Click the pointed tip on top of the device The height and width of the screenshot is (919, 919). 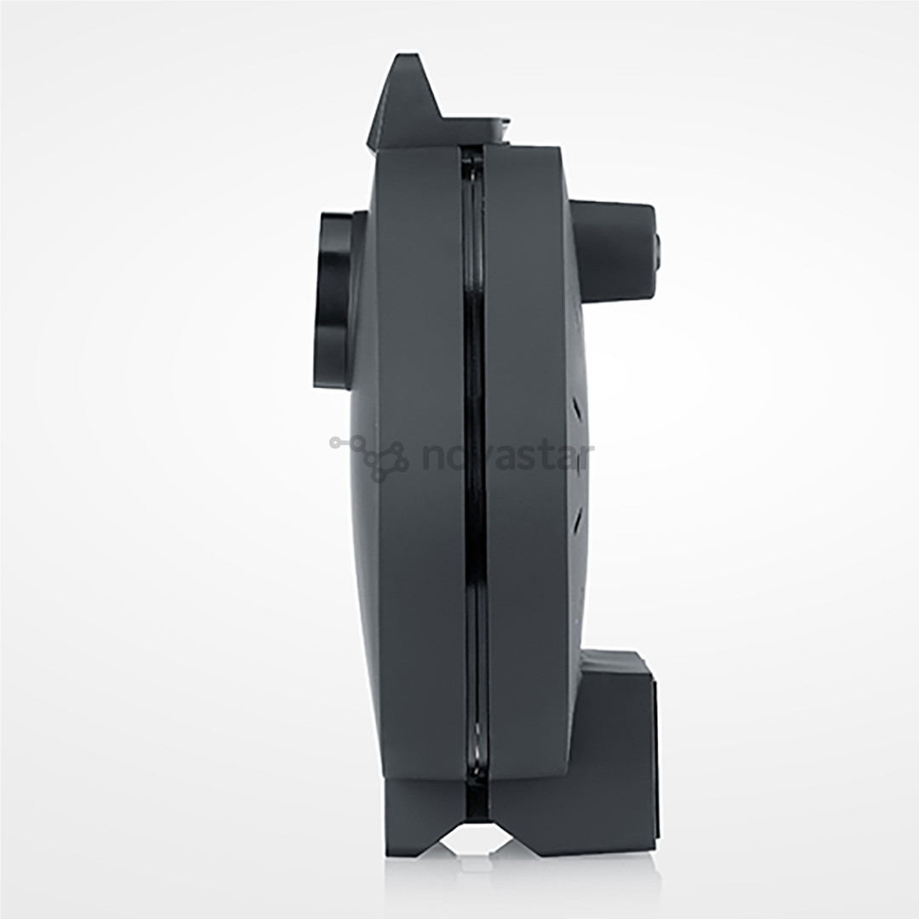coord(406,68)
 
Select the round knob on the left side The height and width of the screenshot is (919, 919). coord(334,300)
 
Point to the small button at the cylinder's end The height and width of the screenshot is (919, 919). coord(657,247)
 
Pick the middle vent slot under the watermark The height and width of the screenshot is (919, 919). coord(578,464)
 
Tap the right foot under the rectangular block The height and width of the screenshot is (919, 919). coord(587,830)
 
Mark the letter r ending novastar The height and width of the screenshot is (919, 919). coord(585,458)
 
